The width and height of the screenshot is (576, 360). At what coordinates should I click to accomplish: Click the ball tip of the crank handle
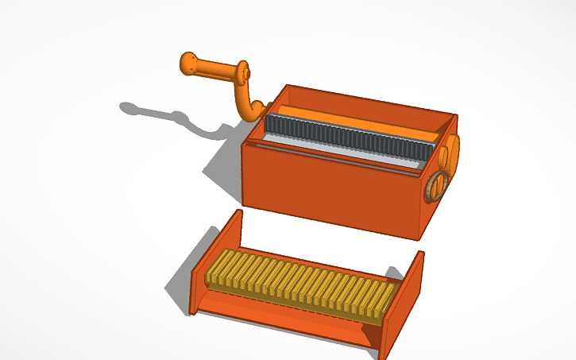click(189, 64)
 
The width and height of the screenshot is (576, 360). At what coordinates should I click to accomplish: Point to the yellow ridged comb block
click(302, 286)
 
